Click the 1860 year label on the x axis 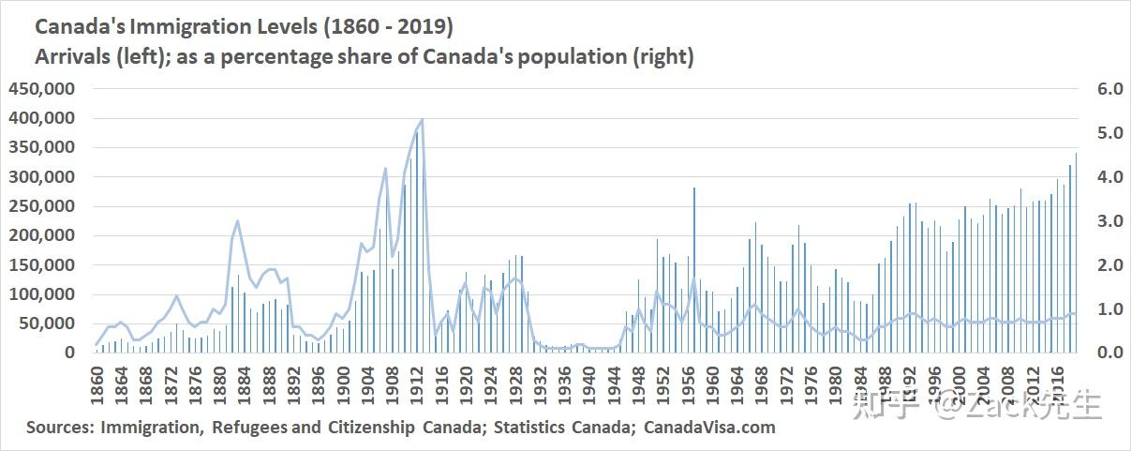pyautogui.click(x=97, y=383)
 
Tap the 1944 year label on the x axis pyautogui.click(x=613, y=383)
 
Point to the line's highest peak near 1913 pyautogui.click(x=423, y=119)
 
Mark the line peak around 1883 pyautogui.click(x=238, y=221)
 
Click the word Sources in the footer pyautogui.click(x=59, y=428)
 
